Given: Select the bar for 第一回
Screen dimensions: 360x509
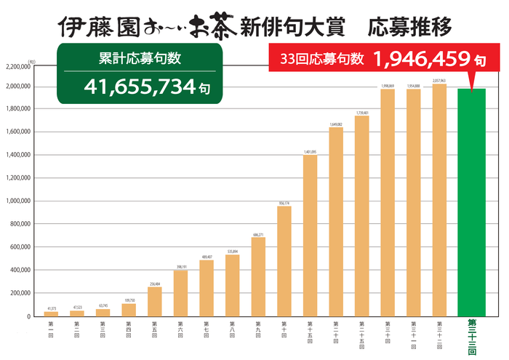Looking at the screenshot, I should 51,313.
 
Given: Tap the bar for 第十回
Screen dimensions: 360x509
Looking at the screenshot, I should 284,261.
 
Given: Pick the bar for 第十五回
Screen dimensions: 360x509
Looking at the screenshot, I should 310,236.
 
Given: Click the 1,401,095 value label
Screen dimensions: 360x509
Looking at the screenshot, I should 310,151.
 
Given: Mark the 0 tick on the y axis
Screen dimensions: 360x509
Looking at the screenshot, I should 29,316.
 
